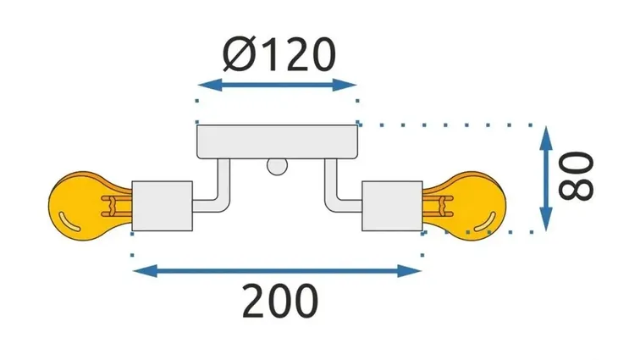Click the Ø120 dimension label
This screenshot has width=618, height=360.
pos(279,55)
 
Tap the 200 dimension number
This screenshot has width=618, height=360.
pos(279,302)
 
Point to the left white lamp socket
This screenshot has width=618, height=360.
pos(162,205)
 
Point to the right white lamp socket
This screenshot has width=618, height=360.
pos(391,205)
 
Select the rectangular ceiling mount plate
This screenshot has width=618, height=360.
pos(278,141)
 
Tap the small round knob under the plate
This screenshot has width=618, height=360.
pos(277,166)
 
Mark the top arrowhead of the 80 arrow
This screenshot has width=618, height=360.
pos(548,134)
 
